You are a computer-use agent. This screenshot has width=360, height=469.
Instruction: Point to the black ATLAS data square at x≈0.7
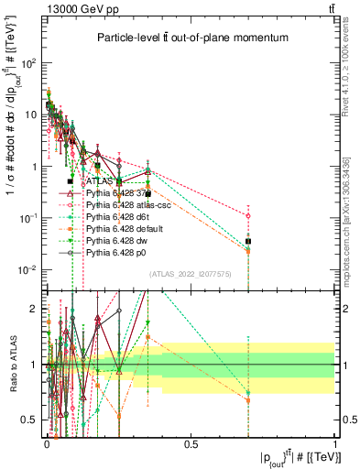point(248,242)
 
